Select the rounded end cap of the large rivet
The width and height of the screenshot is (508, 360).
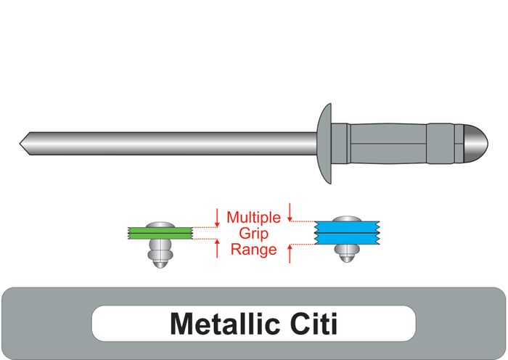472,144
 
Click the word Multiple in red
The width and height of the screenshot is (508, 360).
253,217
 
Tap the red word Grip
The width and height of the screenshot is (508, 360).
253,233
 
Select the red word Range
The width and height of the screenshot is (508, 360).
253,250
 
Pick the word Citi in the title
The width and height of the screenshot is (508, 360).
314,324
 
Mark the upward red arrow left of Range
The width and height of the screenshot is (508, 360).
217,250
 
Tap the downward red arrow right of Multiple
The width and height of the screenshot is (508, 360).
290,211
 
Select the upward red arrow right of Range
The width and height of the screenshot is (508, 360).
290,253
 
